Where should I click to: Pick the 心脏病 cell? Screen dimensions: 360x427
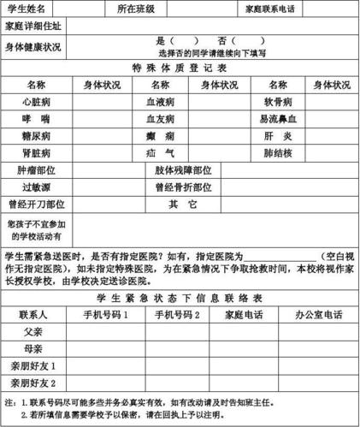pos(36,101)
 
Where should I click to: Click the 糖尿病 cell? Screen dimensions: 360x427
pos(36,135)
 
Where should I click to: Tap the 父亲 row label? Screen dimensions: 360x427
pos(36,332)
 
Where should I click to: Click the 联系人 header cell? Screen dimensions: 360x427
pos(36,315)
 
